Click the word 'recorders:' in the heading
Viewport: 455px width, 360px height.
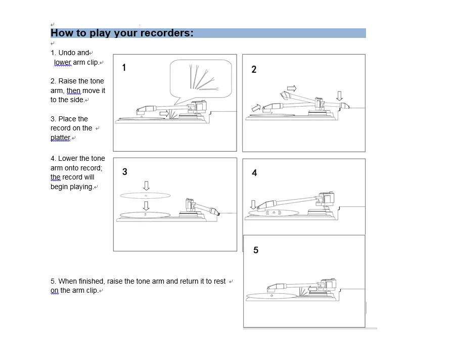(x=166, y=33)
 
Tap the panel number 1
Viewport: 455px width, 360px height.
(x=124, y=68)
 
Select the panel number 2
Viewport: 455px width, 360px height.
(x=254, y=69)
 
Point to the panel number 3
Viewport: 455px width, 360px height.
(x=125, y=171)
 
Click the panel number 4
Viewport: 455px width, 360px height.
(x=254, y=173)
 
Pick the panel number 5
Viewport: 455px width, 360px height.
(x=256, y=250)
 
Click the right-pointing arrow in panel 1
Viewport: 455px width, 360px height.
(x=164, y=113)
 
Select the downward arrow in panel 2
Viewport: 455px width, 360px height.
(x=340, y=96)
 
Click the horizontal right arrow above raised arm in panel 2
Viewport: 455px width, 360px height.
(x=292, y=88)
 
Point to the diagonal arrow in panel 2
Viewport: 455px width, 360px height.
(x=256, y=108)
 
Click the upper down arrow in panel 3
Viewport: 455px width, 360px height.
(x=146, y=186)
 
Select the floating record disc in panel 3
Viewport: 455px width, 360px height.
(x=146, y=196)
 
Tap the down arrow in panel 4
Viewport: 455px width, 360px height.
(x=253, y=205)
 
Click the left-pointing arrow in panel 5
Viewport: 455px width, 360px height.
(x=312, y=289)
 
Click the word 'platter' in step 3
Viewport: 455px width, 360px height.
(x=60, y=138)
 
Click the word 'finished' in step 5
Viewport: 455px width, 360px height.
(x=91, y=281)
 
